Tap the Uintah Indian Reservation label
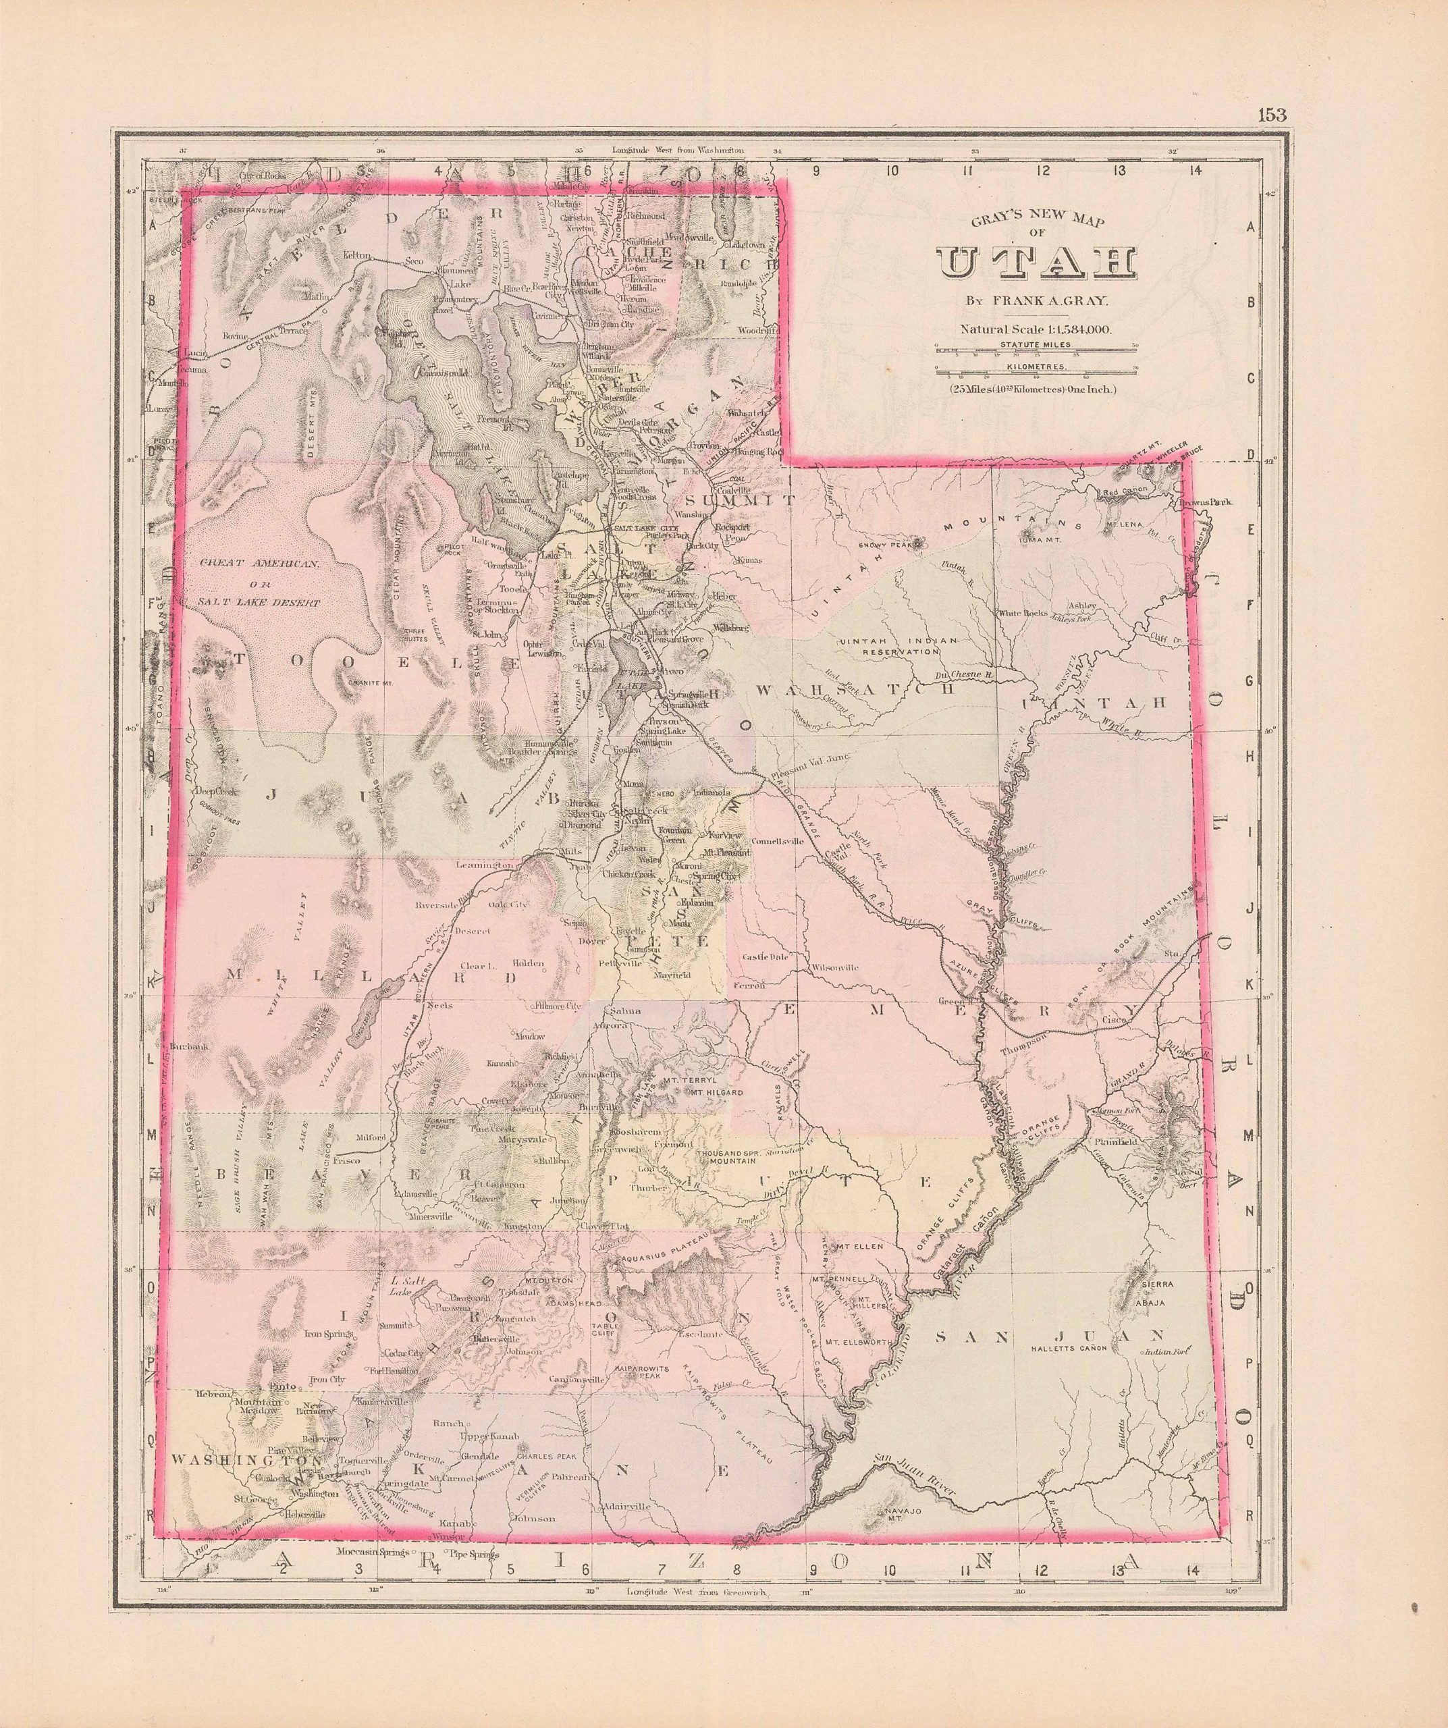[x=888, y=645]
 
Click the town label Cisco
[x=1112, y=1021]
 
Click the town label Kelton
[x=356, y=256]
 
